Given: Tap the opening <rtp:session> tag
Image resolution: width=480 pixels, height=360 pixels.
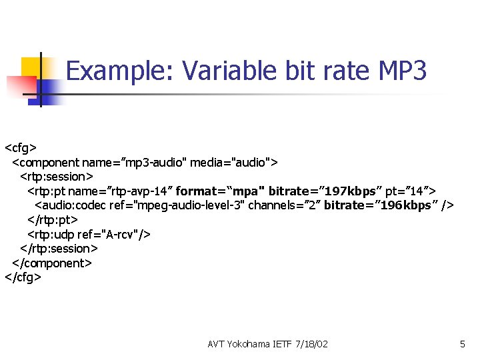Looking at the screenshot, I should tap(57, 177).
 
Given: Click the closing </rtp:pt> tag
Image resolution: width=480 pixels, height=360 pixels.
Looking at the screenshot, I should tap(53, 220).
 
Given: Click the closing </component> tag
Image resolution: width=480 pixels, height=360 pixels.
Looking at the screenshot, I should tap(52, 263).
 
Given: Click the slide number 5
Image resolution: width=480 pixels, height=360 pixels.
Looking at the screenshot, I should tap(462, 345).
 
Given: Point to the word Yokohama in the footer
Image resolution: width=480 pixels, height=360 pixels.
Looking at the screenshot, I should tap(249, 345).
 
